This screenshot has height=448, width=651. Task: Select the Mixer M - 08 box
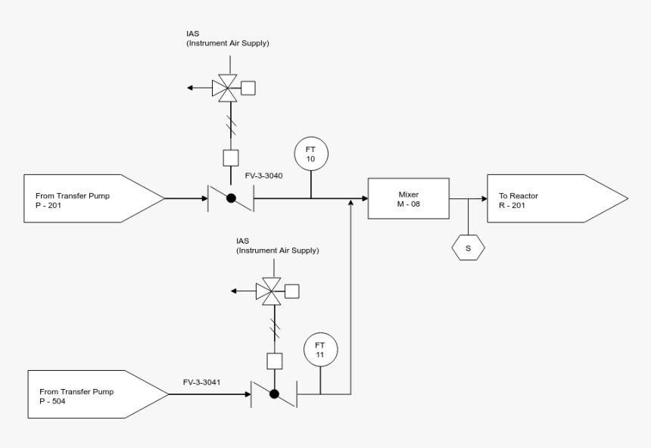pos(408,199)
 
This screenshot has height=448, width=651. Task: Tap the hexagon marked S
pos(468,247)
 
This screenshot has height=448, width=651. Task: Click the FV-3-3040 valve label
pos(264,176)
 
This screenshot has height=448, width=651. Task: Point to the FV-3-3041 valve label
pos(202,383)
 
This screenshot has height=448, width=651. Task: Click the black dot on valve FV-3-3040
pos(231,199)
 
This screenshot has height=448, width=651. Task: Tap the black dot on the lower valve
pos(274,394)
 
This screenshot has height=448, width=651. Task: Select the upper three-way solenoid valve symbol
pos(224,88)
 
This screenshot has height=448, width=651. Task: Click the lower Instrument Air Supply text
pos(277,250)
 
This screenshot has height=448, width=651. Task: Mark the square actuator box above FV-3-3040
pos(231,157)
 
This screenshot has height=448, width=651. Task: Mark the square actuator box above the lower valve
pos(274,360)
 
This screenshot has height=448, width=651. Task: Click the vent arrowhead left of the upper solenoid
pos(192,88)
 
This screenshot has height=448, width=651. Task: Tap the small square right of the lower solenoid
pos(291,291)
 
